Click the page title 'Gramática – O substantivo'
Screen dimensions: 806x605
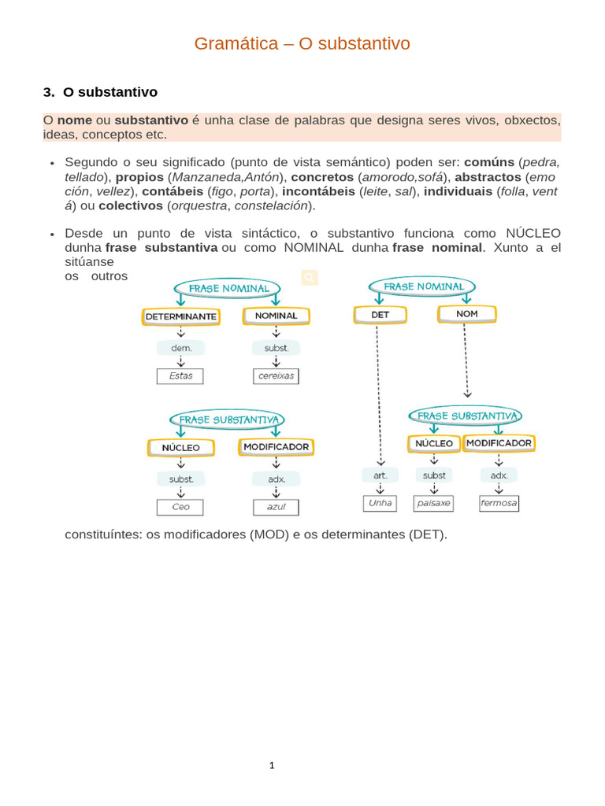[302, 44]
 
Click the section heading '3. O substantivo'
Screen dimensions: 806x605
[100, 93]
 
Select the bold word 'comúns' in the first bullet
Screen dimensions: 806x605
[489, 162]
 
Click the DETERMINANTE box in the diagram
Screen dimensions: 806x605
[180, 316]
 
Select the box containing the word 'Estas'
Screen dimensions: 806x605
[180, 376]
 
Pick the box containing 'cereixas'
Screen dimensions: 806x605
[276, 376]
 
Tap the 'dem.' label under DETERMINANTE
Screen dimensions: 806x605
[180, 347]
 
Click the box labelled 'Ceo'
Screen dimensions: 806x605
[180, 507]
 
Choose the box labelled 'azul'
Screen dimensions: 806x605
[276, 507]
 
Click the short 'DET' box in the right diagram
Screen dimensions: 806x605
[380, 315]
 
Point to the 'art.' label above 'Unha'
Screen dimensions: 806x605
[380, 475]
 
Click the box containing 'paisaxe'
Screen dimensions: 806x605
[434, 503]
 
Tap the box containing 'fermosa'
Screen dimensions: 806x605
[499, 503]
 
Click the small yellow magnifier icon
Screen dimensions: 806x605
[309, 277]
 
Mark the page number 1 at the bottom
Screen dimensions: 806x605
[271, 764]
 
